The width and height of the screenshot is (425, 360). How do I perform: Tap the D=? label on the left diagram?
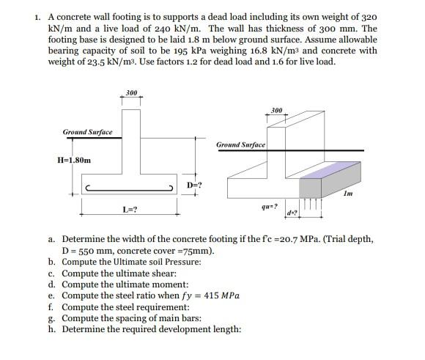pyautogui.click(x=195, y=185)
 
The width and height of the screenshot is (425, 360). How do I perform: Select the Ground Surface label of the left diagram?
pyautogui.click(x=88, y=132)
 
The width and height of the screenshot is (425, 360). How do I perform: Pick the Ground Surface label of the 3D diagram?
pyautogui.click(x=240, y=145)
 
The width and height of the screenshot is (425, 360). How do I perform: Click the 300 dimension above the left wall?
pyautogui.click(x=131, y=93)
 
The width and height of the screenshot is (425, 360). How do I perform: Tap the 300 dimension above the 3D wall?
pyautogui.click(x=276, y=110)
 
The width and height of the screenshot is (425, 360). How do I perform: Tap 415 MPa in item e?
pyautogui.click(x=219, y=296)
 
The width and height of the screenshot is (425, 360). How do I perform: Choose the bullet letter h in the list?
pyautogui.click(x=53, y=329)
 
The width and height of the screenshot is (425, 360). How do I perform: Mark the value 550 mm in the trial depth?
pyautogui.click(x=95, y=251)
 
